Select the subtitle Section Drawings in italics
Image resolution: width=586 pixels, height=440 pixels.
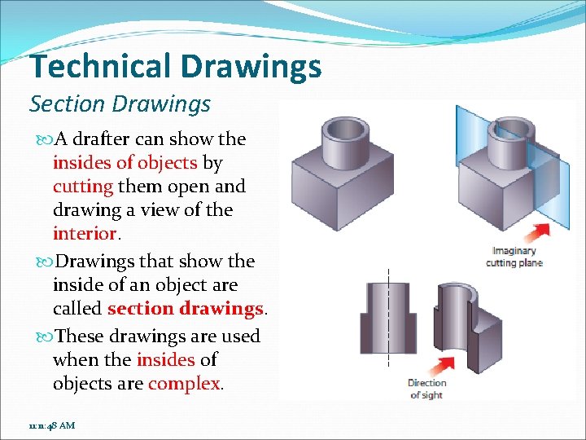[x=120, y=104]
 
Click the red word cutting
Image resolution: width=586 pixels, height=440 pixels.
[x=83, y=186]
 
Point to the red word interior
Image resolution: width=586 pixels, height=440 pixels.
[x=84, y=233]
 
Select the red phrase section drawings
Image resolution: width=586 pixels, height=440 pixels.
[x=186, y=309]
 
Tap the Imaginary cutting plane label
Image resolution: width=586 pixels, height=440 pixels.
[x=514, y=257]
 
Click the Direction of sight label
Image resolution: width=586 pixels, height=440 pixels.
[x=426, y=389]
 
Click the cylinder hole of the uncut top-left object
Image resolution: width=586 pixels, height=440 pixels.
[x=343, y=128]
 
